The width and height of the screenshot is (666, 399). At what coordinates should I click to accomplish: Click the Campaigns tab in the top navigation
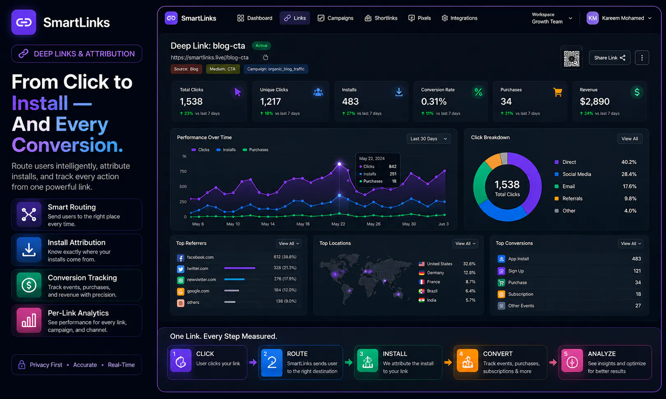click(x=335, y=18)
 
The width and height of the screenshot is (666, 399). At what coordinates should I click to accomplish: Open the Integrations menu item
click(x=459, y=18)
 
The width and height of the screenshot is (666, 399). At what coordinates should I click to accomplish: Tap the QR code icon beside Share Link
click(x=571, y=58)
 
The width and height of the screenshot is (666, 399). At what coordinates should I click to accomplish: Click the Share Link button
click(x=610, y=58)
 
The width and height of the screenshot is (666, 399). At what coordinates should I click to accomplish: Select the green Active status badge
click(x=261, y=46)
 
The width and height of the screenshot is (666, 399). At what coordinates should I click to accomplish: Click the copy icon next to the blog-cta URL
click(x=265, y=58)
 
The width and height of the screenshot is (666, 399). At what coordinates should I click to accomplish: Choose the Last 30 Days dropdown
click(x=429, y=139)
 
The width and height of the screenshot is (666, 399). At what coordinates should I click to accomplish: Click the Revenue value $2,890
click(x=594, y=101)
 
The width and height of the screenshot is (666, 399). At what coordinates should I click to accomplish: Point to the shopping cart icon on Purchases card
click(x=557, y=92)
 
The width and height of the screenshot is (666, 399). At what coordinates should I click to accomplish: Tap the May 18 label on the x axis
click(x=303, y=224)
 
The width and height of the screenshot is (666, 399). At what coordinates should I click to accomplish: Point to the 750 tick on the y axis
click(x=183, y=171)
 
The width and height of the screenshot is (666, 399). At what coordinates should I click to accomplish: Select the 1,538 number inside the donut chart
click(x=507, y=185)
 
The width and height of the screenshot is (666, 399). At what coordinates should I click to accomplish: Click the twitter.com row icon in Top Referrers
click(x=181, y=269)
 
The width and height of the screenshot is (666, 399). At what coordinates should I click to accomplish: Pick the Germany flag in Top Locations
click(x=421, y=273)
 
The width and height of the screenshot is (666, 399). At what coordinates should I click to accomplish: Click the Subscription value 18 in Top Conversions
click(x=638, y=294)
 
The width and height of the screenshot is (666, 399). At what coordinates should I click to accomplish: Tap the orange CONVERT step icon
click(x=467, y=361)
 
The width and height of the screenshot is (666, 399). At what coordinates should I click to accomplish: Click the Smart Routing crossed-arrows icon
click(x=29, y=214)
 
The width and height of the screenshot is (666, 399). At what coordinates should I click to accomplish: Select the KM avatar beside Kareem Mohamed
click(x=592, y=18)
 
